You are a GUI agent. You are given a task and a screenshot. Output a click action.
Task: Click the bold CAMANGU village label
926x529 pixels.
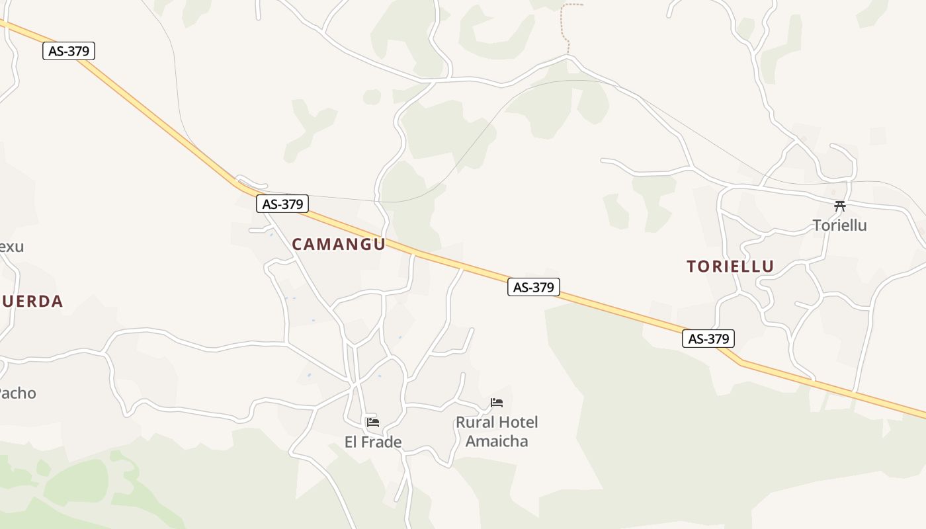click(x=338, y=244)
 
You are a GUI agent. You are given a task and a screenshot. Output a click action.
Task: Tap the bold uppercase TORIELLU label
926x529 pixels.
click(x=730, y=266)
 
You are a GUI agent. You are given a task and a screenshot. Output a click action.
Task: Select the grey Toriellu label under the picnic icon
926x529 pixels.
click(x=839, y=225)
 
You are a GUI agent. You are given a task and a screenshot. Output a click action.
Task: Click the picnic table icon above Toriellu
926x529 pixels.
click(x=840, y=206)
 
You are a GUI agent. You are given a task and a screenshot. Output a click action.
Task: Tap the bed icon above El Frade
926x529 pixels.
click(x=373, y=422)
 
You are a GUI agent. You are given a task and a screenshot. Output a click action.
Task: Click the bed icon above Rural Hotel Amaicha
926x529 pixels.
click(x=497, y=402)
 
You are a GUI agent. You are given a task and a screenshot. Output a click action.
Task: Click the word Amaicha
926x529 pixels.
click(x=497, y=441)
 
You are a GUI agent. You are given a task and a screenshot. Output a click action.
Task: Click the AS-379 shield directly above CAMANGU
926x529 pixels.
click(x=282, y=204)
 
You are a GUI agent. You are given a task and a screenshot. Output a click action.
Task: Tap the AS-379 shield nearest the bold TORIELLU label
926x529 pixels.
click(x=708, y=339)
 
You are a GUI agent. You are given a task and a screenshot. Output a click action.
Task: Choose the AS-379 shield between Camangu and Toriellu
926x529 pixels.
click(x=533, y=287)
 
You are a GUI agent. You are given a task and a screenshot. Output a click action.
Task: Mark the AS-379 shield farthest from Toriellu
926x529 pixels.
click(x=69, y=51)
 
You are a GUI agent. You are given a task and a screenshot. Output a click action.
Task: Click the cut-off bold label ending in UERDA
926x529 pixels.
click(x=32, y=302)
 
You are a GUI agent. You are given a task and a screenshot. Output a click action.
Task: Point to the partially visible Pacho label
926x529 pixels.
click(x=17, y=393)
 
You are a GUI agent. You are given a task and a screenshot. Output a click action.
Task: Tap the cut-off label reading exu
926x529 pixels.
click(x=11, y=247)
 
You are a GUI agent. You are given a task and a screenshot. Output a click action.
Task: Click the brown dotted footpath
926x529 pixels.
click(x=564, y=26)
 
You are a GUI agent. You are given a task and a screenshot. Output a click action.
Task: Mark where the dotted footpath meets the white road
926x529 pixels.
click(x=569, y=56)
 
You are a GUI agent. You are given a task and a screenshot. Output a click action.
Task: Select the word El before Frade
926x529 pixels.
click(x=352, y=442)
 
